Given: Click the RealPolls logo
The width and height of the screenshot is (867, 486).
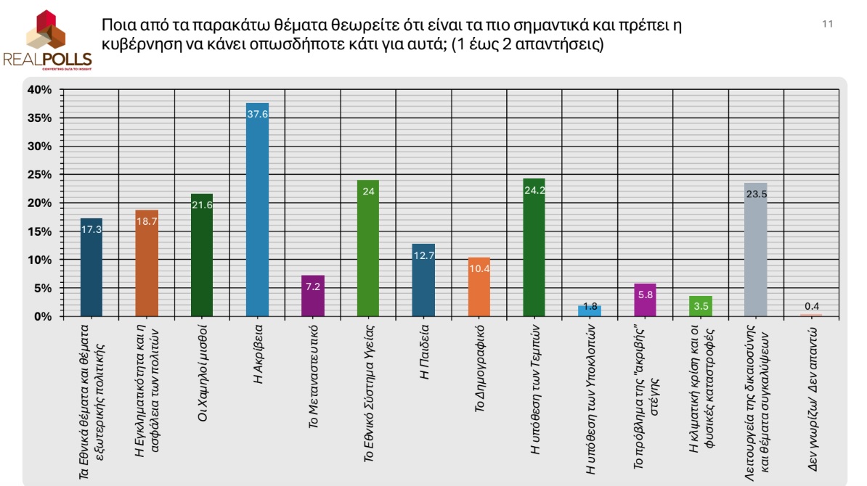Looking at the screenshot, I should coord(47,40).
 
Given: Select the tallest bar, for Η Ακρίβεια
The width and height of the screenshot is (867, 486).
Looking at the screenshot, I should coord(258,210).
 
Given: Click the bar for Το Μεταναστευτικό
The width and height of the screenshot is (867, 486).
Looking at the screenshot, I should coord(313,297).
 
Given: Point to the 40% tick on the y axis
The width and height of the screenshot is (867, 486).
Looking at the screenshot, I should coord(41,90).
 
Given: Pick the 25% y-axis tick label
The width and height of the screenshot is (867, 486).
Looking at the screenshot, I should coord(41,175).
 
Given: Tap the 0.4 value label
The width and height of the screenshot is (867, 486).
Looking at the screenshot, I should coord(810,305).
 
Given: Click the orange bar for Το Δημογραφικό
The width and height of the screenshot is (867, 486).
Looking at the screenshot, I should coord(479,287).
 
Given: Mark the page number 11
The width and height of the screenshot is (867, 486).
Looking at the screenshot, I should coord(827,24).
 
